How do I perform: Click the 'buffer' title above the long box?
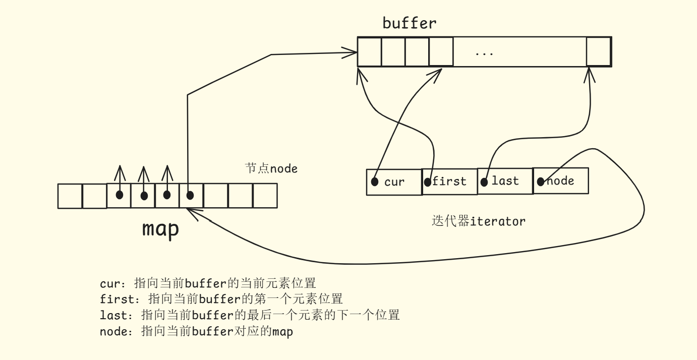click(409, 23)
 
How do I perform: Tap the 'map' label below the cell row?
click(160, 229)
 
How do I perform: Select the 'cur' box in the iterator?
click(394, 182)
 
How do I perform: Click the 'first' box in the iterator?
click(449, 182)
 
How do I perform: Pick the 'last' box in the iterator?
click(505, 181)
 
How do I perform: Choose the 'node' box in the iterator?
click(560, 181)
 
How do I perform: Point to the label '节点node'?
click(271, 168)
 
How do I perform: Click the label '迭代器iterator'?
click(479, 221)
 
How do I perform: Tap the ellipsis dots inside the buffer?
click(484, 53)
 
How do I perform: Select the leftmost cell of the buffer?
click(370, 51)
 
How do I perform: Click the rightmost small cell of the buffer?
click(598, 51)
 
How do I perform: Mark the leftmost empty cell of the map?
click(70, 196)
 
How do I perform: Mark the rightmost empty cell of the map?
click(265, 196)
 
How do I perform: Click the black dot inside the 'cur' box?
click(374, 182)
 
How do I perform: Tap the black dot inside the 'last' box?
click(484, 181)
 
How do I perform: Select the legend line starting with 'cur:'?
click(208, 283)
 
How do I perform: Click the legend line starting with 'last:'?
click(250, 315)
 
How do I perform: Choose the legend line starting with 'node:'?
click(196, 331)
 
